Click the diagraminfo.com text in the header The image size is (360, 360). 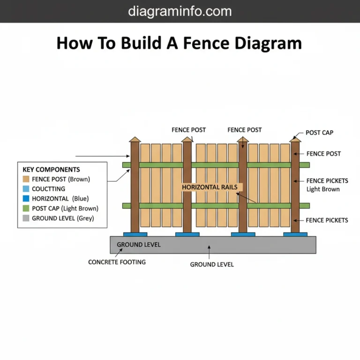180,11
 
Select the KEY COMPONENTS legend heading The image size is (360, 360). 51,170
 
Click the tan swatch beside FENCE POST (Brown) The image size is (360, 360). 26,179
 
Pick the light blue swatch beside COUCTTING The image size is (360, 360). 26,189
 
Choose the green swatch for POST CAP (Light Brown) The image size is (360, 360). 26,209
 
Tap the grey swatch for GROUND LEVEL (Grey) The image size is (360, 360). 26,218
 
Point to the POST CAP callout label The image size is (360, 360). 319,133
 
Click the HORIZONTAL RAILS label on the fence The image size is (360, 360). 210,187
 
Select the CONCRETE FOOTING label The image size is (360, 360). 117,262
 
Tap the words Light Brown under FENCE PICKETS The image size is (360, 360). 323,189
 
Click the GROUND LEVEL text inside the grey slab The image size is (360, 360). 138,245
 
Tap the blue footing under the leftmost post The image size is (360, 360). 135,234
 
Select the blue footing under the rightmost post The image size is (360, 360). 295,234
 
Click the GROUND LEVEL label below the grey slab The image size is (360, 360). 211,264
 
